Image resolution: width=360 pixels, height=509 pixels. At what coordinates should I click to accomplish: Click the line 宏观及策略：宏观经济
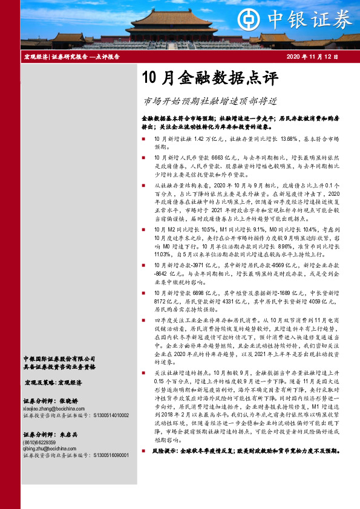click(x=54, y=383)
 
